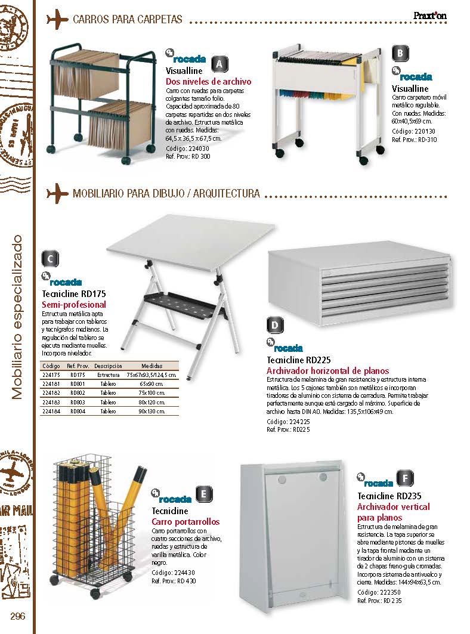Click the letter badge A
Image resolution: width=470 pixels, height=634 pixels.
point(219,63)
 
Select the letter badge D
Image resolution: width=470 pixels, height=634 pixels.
point(274,325)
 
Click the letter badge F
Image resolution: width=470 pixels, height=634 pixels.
point(405,478)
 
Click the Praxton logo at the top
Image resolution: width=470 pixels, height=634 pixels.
point(429,17)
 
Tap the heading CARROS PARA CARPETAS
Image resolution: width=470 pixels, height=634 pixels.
point(127,20)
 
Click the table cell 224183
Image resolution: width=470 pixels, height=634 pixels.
point(52,403)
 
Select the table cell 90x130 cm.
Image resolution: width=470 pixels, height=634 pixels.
point(150,412)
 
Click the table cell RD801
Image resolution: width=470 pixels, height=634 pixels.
point(78,384)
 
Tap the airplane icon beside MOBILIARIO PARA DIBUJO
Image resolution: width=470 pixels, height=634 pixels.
point(57,193)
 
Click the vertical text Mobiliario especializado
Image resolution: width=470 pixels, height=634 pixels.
point(17,316)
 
